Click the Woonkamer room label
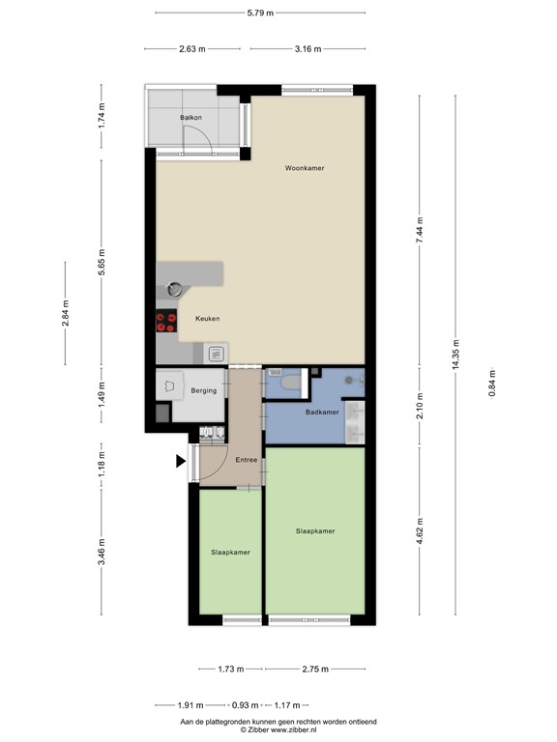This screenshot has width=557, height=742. [305, 168]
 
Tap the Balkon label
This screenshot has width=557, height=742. [190, 117]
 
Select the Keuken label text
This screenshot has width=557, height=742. [207, 319]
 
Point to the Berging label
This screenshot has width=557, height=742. [203, 390]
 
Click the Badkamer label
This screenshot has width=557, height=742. [321, 413]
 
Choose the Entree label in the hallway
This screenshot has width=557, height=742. [246, 460]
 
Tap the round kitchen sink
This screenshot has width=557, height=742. [174, 287]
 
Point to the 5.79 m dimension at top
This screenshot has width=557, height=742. [260, 13]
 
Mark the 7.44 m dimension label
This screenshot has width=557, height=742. [420, 232]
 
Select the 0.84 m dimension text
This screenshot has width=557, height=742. [491, 385]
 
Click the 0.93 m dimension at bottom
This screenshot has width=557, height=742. [246, 704]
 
